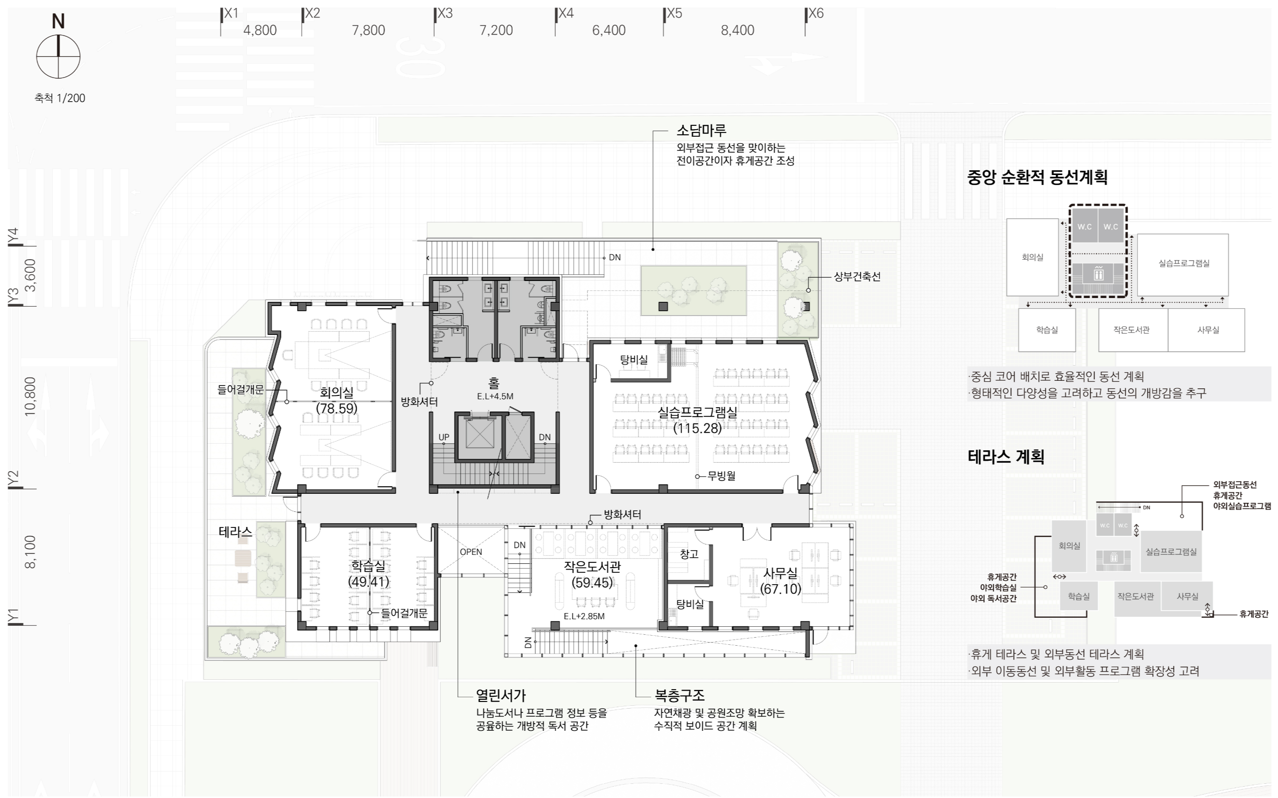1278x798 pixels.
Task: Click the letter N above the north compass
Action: click(58, 21)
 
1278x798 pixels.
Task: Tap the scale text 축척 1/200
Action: click(60, 98)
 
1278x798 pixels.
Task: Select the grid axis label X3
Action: click(445, 13)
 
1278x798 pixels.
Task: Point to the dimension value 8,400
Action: click(737, 30)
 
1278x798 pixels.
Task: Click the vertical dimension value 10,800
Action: click(30, 396)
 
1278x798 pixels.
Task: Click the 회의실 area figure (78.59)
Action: click(337, 408)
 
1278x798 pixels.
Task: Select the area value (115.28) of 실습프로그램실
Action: click(697, 428)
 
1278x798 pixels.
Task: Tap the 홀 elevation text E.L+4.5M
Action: click(495, 396)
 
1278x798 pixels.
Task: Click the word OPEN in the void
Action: click(471, 552)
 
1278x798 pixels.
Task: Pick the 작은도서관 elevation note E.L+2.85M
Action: click(584, 616)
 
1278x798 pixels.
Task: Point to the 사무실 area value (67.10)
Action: click(780, 588)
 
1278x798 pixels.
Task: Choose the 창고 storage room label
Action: click(689, 553)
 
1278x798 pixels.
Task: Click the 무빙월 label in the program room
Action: click(721, 475)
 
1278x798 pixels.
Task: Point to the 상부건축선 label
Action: click(857, 276)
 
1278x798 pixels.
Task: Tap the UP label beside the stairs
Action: click(444, 437)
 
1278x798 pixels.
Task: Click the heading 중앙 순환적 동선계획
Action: click(1037, 177)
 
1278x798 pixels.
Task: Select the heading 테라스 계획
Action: click(1006, 456)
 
